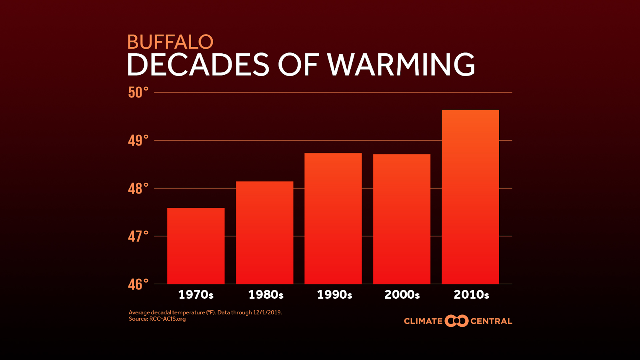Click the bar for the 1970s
pos(196,246)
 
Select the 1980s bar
pos(264,233)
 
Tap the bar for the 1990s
pos(333,218)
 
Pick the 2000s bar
pos(402,219)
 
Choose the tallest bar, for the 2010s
pos(470,197)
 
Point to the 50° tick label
pos(138,92)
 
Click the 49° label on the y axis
pos(138,140)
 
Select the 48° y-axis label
pos(138,188)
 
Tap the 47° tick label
pos(138,236)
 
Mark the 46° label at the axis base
pos(138,284)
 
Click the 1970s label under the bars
pos(196,295)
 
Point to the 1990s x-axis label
pos(334,295)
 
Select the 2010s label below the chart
pos(471,295)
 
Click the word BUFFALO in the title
pos(170,42)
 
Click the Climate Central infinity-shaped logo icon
pos(456,321)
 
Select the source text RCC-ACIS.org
pos(167,319)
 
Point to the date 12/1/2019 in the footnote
pos(267,312)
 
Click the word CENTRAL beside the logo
pos(491,321)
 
